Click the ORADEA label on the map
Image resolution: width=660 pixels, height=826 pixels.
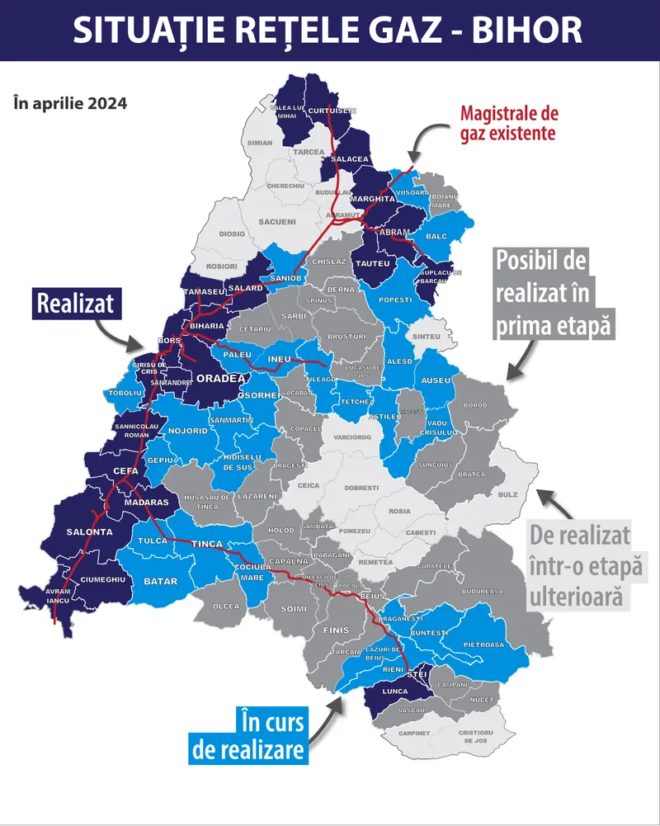[220, 378]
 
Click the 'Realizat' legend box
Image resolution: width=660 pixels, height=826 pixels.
[78, 304]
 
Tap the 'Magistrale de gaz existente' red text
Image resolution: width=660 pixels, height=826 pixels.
[507, 122]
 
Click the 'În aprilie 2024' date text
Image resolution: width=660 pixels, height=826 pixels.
[70, 104]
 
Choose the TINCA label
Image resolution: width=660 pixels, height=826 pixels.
[207, 545]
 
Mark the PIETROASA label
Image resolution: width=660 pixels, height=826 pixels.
[483, 644]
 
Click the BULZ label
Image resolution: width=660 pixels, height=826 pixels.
[507, 494]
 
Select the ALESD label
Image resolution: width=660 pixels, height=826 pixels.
[399, 361]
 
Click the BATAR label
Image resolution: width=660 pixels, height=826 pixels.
[161, 582]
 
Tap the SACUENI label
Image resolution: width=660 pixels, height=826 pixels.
[276, 222]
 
